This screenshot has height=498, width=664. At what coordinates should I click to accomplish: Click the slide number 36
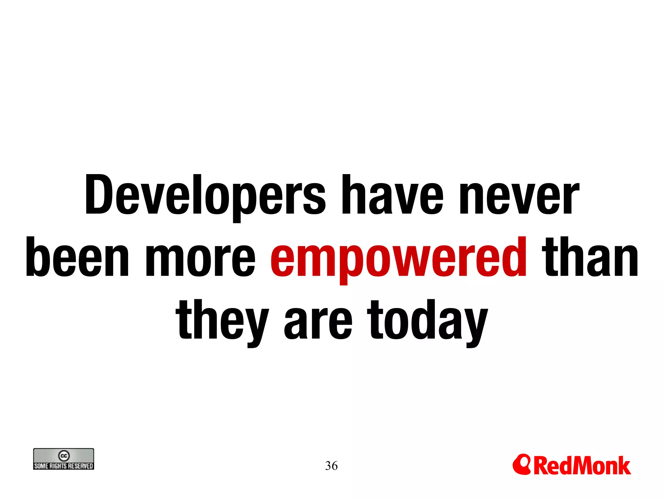[331, 466]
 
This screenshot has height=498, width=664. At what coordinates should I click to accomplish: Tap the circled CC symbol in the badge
[64, 456]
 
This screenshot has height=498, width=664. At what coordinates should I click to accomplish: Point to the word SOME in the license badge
[41, 466]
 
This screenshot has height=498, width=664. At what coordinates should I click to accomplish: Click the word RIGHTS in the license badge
[58, 466]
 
